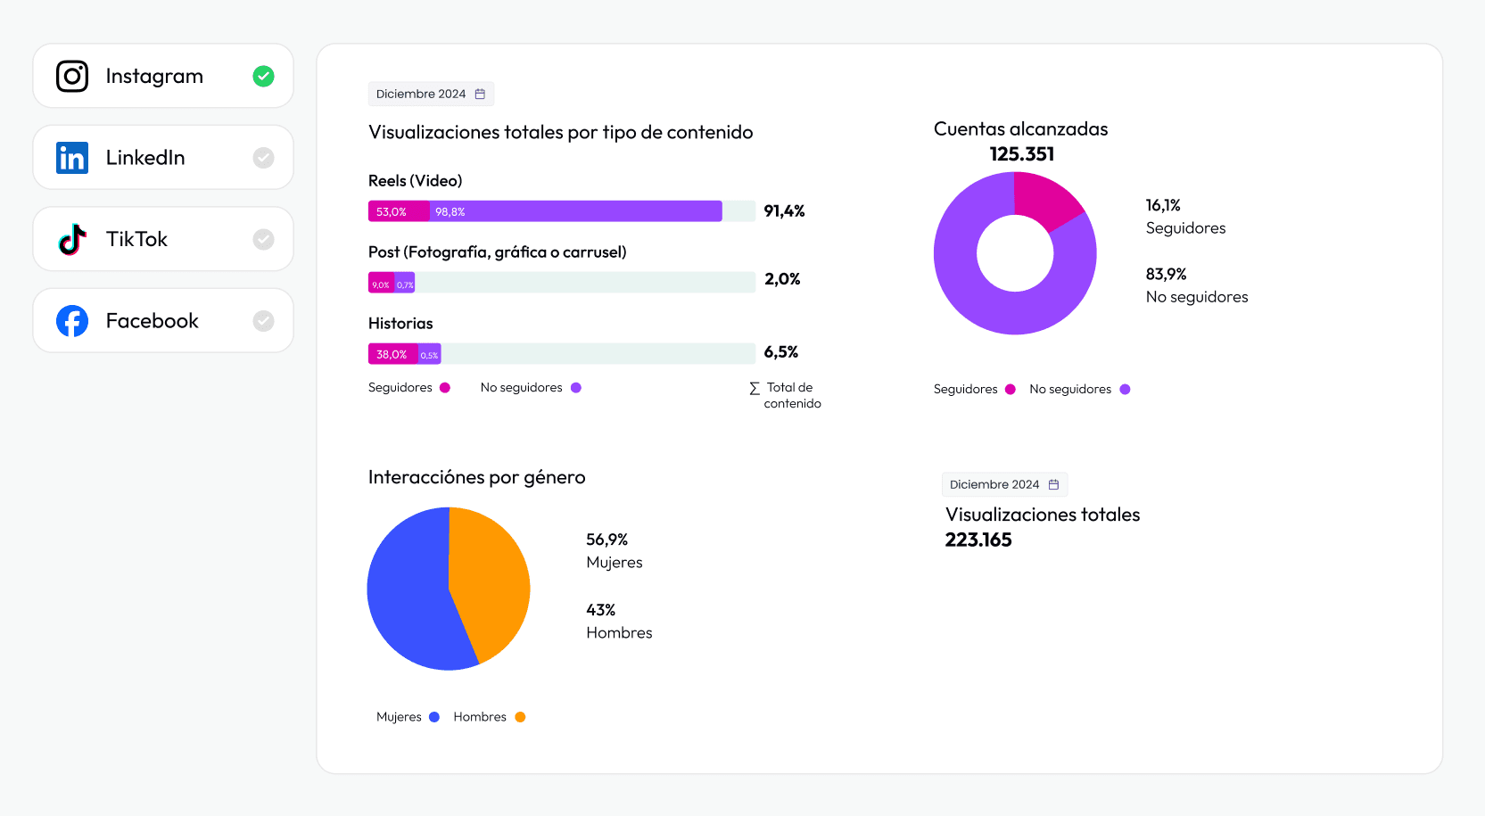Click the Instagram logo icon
click(72, 77)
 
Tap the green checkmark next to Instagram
click(263, 77)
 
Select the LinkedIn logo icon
click(72, 158)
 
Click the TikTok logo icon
click(72, 239)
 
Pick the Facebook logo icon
click(72, 321)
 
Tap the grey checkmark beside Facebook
click(263, 321)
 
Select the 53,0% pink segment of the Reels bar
click(398, 211)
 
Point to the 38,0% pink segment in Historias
click(392, 354)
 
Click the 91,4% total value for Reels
click(784, 211)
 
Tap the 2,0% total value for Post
click(782, 279)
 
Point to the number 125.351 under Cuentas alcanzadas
click(1021, 154)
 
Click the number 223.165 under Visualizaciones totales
click(978, 540)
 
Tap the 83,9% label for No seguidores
click(1166, 275)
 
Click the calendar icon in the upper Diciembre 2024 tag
click(480, 94)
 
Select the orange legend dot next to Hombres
click(520, 717)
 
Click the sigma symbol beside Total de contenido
click(755, 388)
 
